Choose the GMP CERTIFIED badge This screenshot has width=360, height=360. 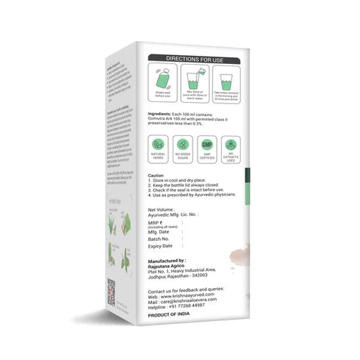tap(207, 148)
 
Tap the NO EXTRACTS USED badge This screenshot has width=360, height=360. tap(230, 148)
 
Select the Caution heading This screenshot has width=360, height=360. tap(156, 176)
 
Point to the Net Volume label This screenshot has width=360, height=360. tap(163, 208)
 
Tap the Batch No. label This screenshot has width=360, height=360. tap(162, 239)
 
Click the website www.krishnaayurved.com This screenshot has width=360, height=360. tap(192, 295)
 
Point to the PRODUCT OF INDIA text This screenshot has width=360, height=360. tap(170, 317)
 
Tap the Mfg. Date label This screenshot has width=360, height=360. tap(161, 230)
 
